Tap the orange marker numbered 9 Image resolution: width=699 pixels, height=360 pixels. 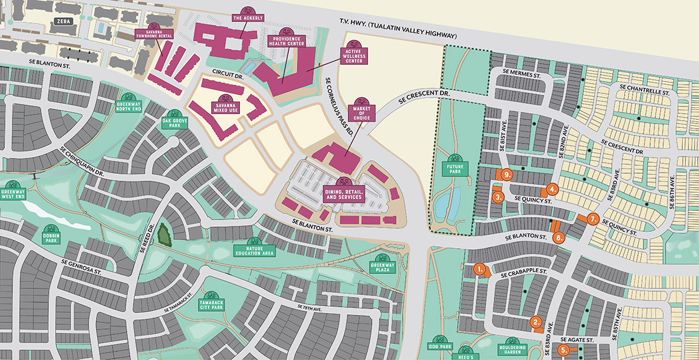click(x=507, y=175)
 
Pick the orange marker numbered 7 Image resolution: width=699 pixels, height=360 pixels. click(x=592, y=218)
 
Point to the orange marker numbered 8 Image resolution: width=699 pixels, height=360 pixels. click(x=560, y=237)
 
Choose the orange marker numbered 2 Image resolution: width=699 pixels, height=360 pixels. click(x=536, y=321)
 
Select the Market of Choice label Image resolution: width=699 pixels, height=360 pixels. click(x=362, y=112)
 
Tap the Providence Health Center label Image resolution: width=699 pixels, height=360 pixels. click(x=285, y=42)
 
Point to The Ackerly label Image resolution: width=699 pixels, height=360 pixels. click(x=249, y=17)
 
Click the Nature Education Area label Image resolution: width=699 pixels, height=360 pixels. click(x=254, y=250)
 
